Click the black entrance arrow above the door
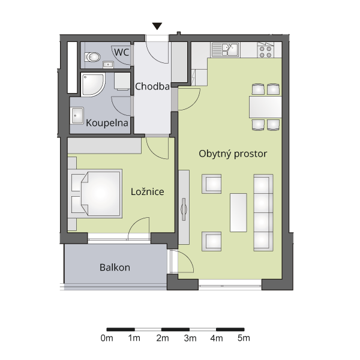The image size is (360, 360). [x=157, y=26]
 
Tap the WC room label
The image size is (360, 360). [x=121, y=52]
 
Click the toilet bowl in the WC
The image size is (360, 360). [x=92, y=57]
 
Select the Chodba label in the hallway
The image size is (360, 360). [x=152, y=86]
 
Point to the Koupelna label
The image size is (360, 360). [x=107, y=123]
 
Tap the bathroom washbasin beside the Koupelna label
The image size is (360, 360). [x=77, y=115]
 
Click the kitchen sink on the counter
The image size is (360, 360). [x=225, y=50]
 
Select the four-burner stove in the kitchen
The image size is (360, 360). [x=266, y=52]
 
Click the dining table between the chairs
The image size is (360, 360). [x=265, y=107]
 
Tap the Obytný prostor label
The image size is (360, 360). [x=233, y=154]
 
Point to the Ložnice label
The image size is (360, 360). [x=148, y=192]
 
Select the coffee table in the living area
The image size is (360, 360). [x=238, y=212]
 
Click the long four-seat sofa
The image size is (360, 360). [x=263, y=212]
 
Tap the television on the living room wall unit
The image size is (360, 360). [x=184, y=209]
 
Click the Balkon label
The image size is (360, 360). [x=115, y=268]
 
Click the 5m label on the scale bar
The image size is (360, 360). [x=244, y=338]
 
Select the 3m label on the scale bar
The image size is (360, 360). [x=190, y=338]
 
